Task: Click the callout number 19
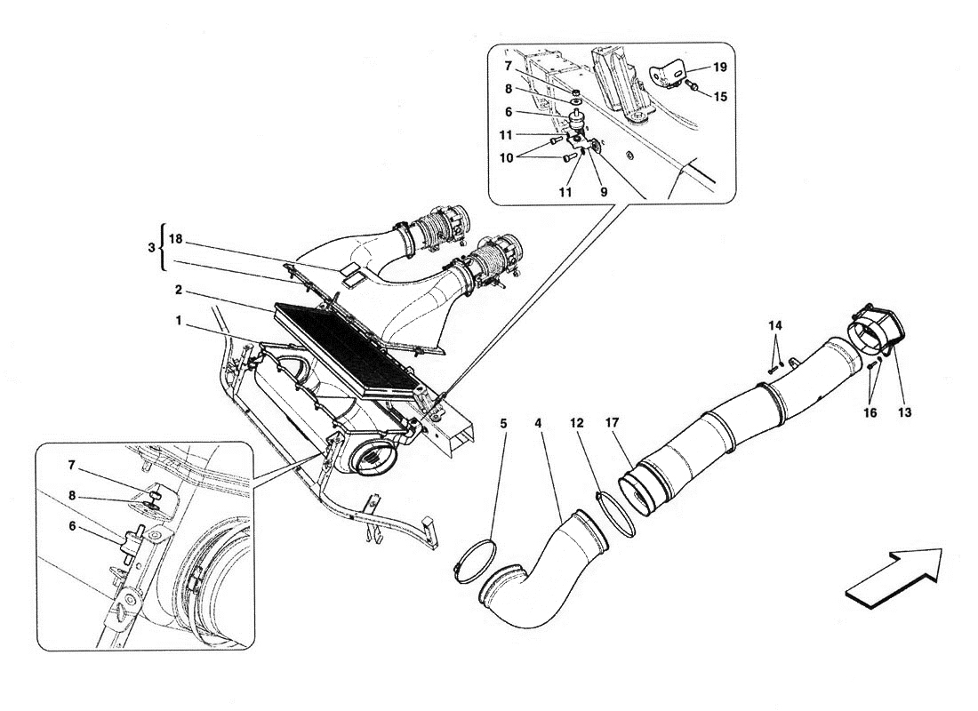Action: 720,67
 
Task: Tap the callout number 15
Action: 720,97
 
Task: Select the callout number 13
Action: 904,412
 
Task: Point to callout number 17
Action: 612,423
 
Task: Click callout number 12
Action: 577,423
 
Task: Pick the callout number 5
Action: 503,423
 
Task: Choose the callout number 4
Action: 538,423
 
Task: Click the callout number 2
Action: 179,290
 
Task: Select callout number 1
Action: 179,321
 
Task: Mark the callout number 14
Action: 774,325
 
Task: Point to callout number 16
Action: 870,412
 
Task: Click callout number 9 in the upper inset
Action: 604,193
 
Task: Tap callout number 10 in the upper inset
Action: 507,158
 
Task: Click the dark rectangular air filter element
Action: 345,349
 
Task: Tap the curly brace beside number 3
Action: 162,248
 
